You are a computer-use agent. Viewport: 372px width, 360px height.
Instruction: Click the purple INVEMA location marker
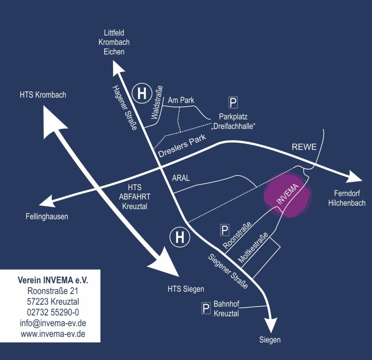click(x=288, y=195)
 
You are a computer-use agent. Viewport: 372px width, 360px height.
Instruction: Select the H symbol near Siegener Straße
click(x=180, y=237)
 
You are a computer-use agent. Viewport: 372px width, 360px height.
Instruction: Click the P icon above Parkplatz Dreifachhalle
click(x=233, y=102)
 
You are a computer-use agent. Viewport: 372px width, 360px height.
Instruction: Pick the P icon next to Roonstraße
click(x=225, y=230)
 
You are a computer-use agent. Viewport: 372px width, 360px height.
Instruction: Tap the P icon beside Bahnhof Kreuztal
click(x=206, y=308)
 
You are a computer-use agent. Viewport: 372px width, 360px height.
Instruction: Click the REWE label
click(x=304, y=147)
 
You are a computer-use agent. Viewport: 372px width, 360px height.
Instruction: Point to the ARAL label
click(x=181, y=178)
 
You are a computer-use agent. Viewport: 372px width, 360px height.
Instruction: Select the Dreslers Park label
click(x=182, y=146)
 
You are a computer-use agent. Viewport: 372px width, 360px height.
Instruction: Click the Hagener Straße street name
click(x=125, y=108)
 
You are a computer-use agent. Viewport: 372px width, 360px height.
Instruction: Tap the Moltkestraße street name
click(x=253, y=247)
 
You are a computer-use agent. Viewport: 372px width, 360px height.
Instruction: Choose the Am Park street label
click(x=181, y=100)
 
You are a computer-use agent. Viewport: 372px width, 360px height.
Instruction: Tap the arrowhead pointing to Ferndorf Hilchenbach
click(x=353, y=177)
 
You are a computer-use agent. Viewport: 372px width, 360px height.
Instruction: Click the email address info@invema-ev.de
click(x=53, y=323)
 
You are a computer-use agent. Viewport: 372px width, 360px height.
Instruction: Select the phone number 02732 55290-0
click(x=53, y=312)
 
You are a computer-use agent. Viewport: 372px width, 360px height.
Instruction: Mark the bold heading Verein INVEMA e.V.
click(x=53, y=280)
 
